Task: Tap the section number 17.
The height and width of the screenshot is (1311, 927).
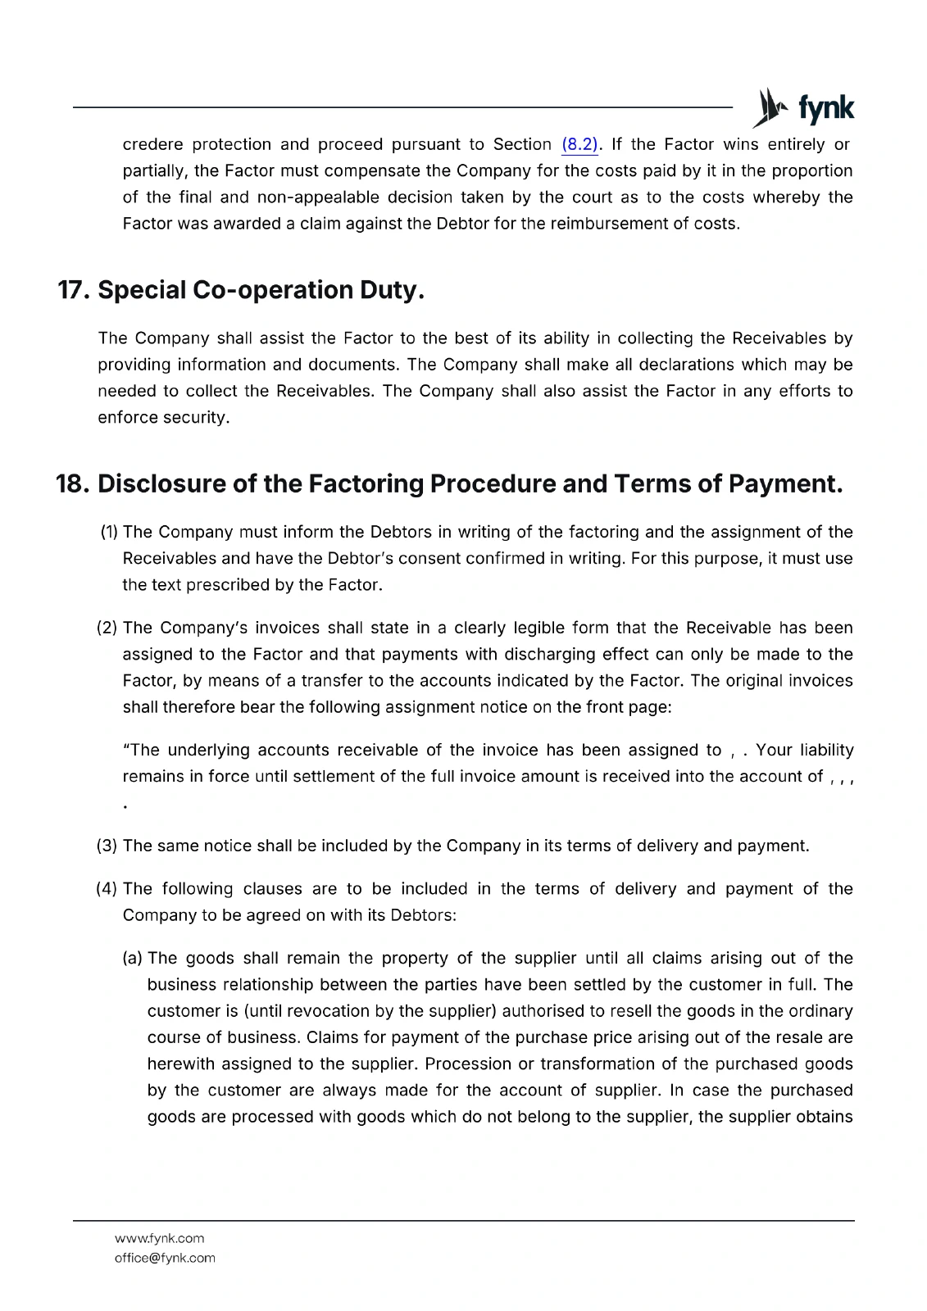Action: (x=74, y=290)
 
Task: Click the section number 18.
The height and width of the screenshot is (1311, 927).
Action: (x=72, y=484)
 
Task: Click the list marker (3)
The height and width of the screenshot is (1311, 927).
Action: (x=108, y=846)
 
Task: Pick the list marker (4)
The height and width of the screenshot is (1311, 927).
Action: (x=108, y=889)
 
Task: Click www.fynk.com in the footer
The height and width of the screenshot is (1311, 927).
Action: (x=159, y=1238)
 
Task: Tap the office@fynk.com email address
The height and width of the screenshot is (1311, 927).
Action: (x=165, y=1258)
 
